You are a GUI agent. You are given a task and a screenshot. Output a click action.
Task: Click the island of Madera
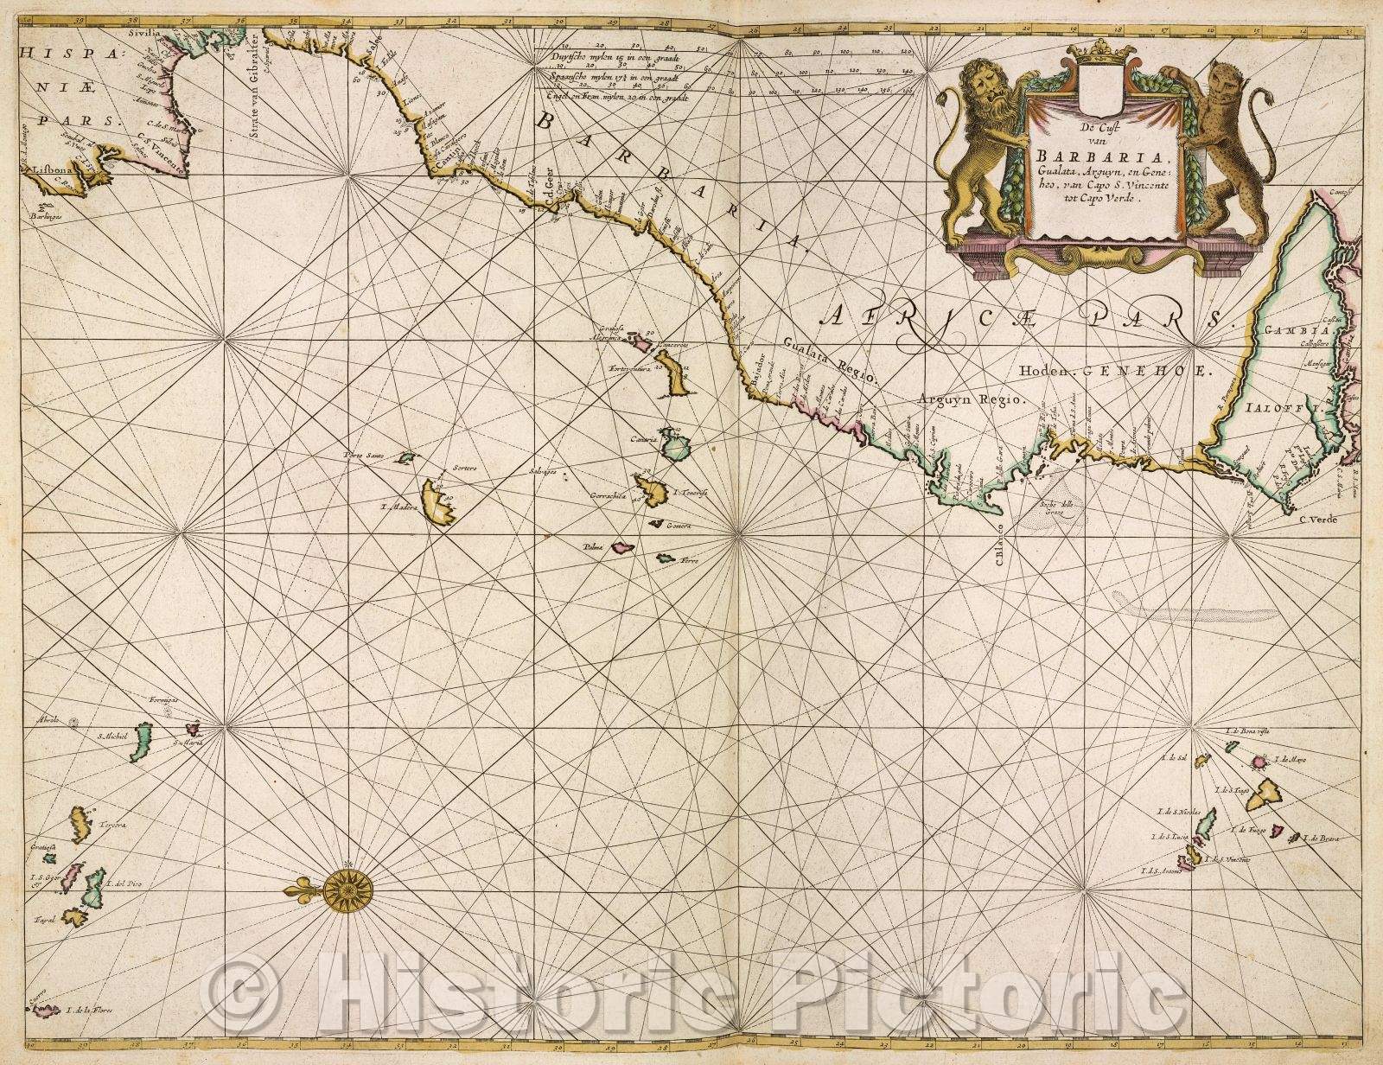[x=438, y=503]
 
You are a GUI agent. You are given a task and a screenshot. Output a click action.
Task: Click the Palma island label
[x=594, y=546]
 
